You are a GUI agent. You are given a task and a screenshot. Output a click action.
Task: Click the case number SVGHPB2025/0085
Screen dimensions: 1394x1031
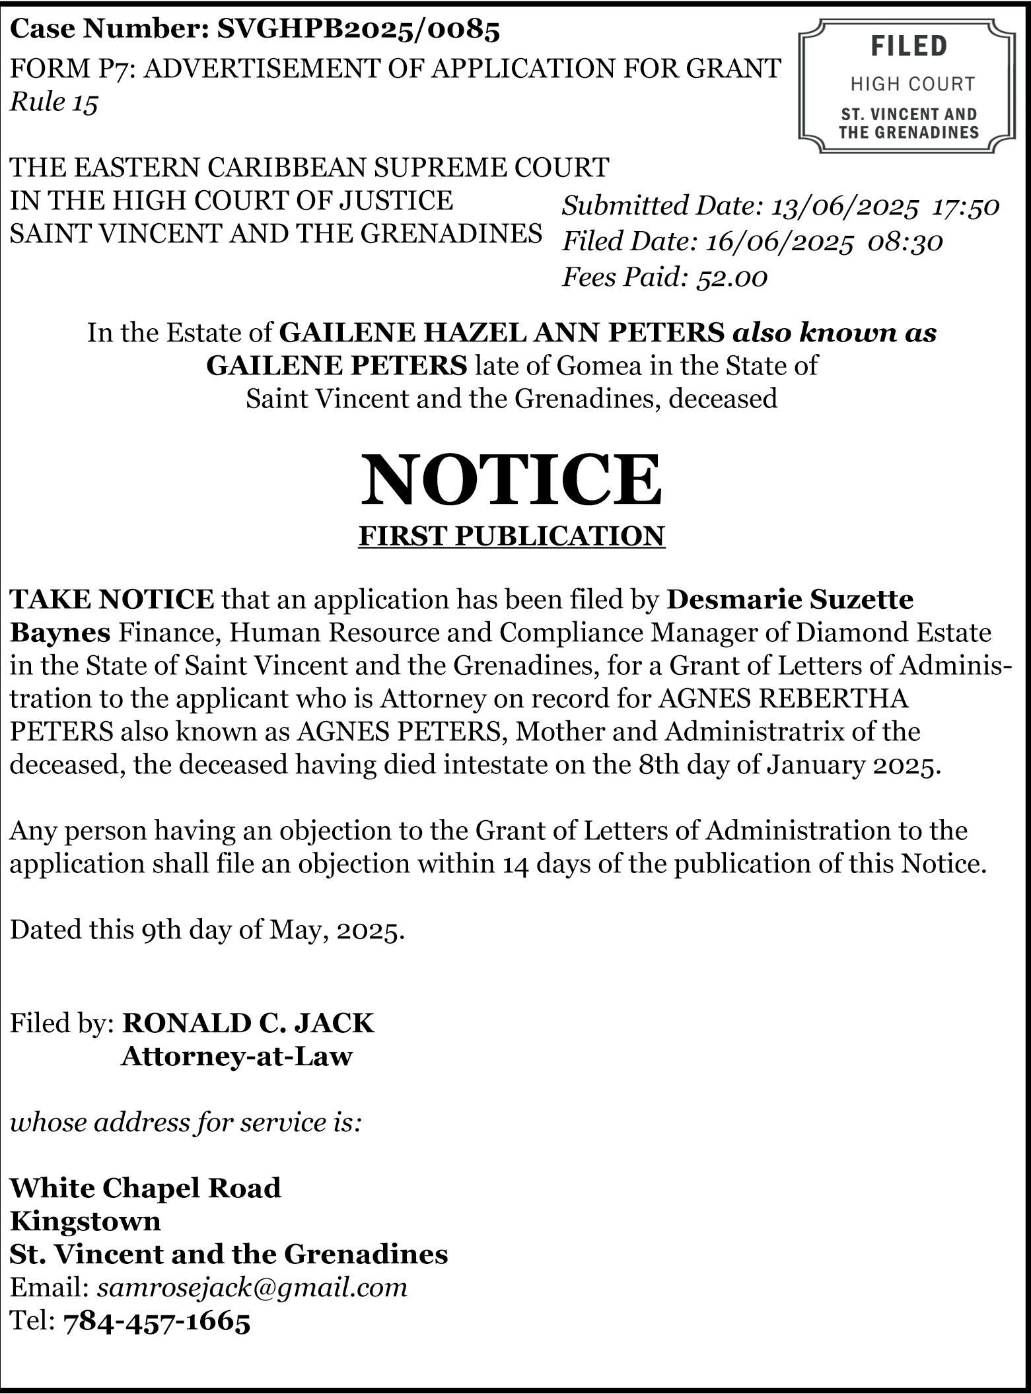pyautogui.click(x=359, y=30)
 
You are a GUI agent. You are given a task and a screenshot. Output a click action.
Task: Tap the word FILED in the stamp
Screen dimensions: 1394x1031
pyautogui.click(x=908, y=46)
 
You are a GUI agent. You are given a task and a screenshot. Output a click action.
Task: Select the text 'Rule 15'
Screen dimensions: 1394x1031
pyautogui.click(x=54, y=102)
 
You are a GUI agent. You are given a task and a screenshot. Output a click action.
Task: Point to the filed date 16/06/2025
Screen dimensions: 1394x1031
pyautogui.click(x=779, y=242)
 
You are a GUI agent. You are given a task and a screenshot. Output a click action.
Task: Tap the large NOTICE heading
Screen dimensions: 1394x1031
pyautogui.click(x=511, y=479)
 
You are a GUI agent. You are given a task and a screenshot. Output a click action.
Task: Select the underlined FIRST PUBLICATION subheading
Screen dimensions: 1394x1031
pyautogui.click(x=511, y=536)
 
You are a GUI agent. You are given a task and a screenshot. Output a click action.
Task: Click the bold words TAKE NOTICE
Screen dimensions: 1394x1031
pyautogui.click(x=112, y=599)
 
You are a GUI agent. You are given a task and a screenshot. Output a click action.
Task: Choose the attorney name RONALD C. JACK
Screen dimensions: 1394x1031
pyautogui.click(x=248, y=1023)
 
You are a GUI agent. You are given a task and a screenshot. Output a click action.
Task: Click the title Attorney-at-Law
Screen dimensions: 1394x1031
pyautogui.click(x=236, y=1056)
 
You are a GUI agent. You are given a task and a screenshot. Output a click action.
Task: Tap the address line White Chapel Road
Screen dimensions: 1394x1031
pyautogui.click(x=145, y=1188)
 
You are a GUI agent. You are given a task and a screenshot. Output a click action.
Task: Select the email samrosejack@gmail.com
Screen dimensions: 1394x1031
pyautogui.click(x=252, y=1287)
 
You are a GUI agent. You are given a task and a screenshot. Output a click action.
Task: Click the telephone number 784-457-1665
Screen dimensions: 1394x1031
pyautogui.click(x=157, y=1321)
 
